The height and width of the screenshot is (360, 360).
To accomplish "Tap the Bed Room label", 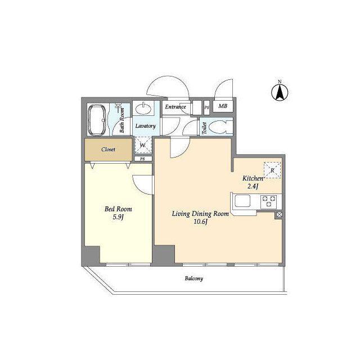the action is pos(118,209).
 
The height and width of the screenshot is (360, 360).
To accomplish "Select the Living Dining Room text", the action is pos(200,214).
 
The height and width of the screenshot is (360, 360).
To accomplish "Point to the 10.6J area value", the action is pos(201,222).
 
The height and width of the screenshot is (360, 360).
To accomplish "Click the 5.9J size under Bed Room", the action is pos(118,217).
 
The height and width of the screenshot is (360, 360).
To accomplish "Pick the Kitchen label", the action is pos(253,178).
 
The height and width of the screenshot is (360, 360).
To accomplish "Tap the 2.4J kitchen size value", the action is pos(253,186).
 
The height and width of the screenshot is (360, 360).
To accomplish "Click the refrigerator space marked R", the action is pos(272,170).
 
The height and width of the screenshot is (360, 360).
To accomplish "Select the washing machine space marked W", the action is pos(143,145).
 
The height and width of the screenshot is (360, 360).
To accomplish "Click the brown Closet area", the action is pos(109,150).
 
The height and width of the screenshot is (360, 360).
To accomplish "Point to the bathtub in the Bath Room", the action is pos(97,120).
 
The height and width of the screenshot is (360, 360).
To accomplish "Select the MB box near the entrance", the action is pos(223,106).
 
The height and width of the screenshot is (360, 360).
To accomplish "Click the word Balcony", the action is pos(194,278).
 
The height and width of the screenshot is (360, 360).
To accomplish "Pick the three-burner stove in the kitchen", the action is pos(269,201).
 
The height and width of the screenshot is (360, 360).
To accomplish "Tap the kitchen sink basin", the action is pos(242,201).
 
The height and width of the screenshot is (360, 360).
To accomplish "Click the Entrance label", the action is pos(175,107).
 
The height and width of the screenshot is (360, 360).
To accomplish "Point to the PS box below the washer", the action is pos(143,159).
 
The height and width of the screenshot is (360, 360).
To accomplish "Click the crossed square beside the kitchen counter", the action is pos(279,215).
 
